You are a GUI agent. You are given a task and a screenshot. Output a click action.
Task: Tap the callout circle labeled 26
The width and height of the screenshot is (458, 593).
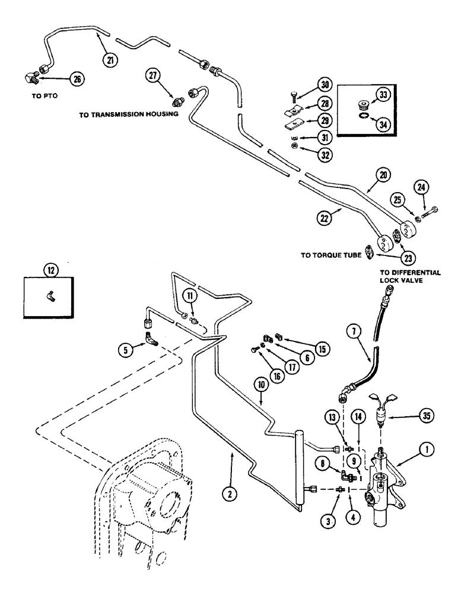coord(77,78)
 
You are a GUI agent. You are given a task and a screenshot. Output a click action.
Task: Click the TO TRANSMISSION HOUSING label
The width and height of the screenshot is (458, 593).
coord(124,115)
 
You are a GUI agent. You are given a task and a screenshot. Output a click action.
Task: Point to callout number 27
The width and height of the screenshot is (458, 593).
coord(156,76)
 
